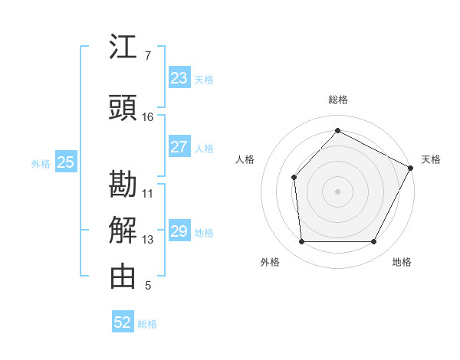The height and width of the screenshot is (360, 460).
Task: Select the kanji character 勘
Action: (123, 184)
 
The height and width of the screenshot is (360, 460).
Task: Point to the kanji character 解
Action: (123, 231)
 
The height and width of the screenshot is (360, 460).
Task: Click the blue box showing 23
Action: (179, 78)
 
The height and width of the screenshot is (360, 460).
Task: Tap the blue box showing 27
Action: (179, 147)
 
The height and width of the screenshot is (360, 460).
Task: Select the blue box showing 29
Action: (179, 231)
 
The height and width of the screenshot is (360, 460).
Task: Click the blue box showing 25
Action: (66, 162)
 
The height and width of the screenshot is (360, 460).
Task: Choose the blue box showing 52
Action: (123, 322)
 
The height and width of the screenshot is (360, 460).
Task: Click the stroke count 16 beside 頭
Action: (148, 117)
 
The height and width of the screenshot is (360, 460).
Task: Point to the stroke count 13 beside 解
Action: (148, 240)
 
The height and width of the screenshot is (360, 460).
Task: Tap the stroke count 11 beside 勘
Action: (148, 193)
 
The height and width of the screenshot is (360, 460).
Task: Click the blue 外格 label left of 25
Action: (41, 163)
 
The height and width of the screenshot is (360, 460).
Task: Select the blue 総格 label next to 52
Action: (147, 324)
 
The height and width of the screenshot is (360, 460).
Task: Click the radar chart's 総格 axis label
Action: (338, 100)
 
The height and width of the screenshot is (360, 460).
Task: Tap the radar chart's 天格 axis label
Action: (431, 159)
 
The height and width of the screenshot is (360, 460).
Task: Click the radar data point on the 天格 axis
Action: (411, 168)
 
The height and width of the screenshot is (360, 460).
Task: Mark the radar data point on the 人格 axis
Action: (294, 178)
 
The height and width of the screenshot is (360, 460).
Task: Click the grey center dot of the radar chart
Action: (337, 191)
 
